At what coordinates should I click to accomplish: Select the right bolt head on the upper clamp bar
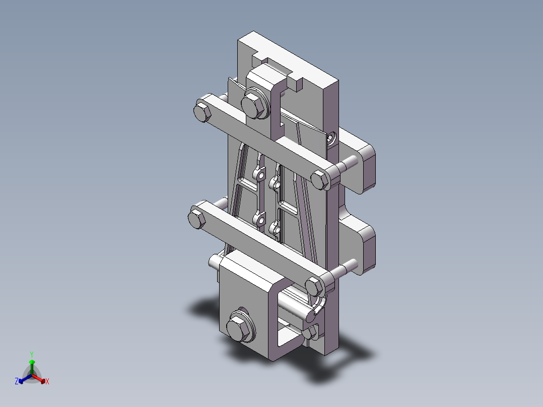coord(319,179)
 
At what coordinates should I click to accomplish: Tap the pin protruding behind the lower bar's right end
coord(348,266)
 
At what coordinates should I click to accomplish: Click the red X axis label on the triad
coord(47,382)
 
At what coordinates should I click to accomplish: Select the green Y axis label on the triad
coord(31,354)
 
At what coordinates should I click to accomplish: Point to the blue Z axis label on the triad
coord(17,382)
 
